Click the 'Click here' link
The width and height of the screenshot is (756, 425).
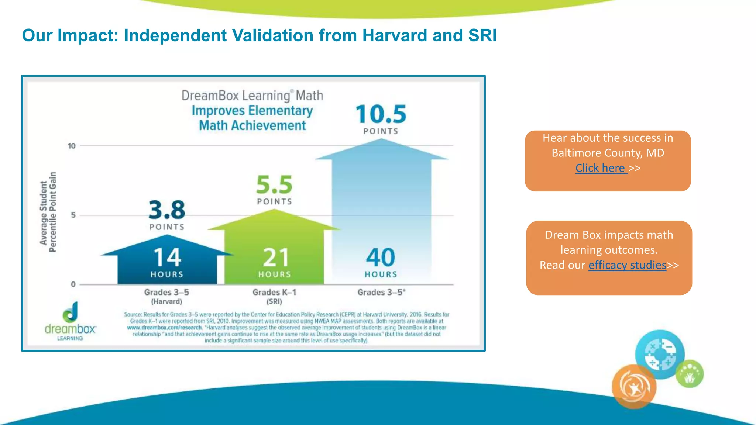pos(601,168)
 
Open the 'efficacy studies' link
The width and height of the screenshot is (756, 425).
pos(627,265)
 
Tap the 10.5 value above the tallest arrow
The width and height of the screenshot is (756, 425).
pos(381,114)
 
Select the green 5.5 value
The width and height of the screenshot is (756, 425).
pos(274,185)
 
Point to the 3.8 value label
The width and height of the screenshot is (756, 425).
pos(167,210)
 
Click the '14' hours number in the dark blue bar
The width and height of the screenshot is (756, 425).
pos(167,258)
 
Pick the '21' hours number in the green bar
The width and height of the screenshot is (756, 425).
pos(275,258)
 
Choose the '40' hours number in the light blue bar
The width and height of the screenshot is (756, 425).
pos(381,258)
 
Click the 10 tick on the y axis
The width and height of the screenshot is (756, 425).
pos(72,146)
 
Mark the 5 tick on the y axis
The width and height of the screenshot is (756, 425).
pos(73,215)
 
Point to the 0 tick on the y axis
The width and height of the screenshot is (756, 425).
pos(73,284)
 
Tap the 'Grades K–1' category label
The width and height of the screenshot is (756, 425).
pos(274,293)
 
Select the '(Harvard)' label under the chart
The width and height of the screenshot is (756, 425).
pos(166,302)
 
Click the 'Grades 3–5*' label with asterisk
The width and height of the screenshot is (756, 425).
pos(381,293)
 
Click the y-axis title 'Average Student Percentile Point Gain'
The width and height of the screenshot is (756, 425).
pos(48,212)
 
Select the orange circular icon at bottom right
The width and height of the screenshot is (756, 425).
pos(634,387)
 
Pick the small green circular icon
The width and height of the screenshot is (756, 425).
pos(690,374)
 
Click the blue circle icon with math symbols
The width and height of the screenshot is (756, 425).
pos(660,354)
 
